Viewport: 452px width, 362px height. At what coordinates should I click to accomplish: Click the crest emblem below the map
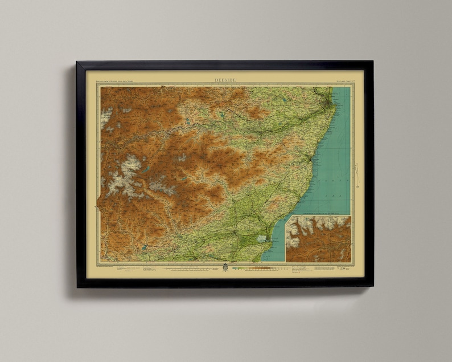point(225,267)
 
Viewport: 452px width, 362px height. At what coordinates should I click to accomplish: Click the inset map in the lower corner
point(318,239)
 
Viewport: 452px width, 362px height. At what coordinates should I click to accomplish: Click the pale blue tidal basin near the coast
point(262,240)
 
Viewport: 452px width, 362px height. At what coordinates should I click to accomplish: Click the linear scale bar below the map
point(188,267)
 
